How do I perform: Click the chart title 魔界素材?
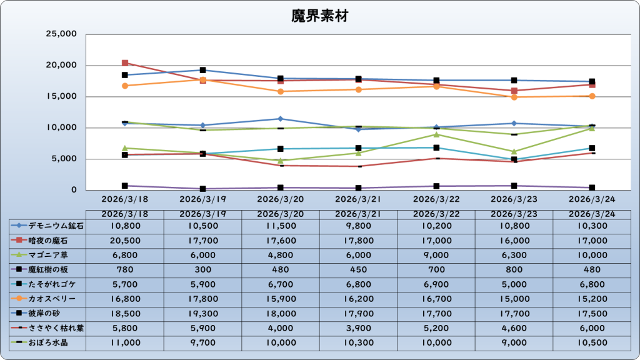tap(319, 16)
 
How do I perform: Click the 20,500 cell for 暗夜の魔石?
tap(125, 240)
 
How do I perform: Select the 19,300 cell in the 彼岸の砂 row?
tap(202, 313)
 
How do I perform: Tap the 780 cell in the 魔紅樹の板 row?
tap(125, 269)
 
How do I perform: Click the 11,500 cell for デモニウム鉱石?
tap(281, 225)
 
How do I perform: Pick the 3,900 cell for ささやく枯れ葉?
tap(358, 328)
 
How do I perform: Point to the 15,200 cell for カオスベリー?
tap(592, 299)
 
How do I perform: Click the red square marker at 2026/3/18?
tap(125, 63)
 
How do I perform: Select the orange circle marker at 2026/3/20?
tap(281, 91)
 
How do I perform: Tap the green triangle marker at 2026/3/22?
tap(436, 134)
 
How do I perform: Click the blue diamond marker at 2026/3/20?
tap(281, 119)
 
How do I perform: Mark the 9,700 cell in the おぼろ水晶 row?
tap(202, 342)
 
